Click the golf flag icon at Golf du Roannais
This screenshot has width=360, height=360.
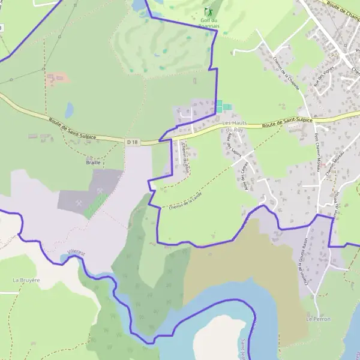(x=209, y=12)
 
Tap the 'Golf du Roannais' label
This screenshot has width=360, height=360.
(x=209, y=23)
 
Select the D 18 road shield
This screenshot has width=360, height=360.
(x=133, y=142)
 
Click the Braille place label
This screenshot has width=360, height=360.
(x=93, y=162)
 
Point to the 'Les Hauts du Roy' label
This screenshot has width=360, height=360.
(x=235, y=127)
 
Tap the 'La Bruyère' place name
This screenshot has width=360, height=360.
(x=26, y=280)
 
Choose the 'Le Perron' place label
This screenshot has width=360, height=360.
(x=318, y=319)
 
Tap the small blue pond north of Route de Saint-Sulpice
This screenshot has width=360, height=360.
(x=70, y=110)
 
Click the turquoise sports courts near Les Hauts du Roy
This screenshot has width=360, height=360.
(x=223, y=107)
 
